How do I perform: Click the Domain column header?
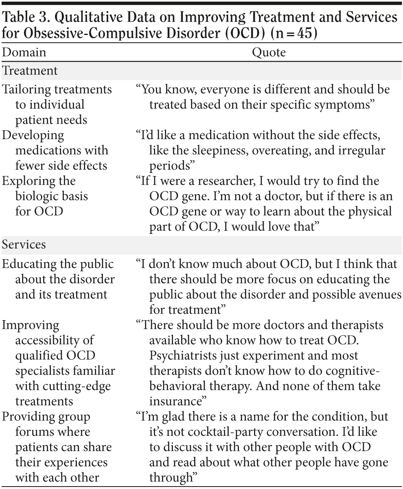coord(24,52)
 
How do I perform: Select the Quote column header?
coord(269,52)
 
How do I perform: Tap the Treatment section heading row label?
coord(30,70)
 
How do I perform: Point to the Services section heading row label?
coord(24,245)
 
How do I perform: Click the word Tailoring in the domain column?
coord(29,89)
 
